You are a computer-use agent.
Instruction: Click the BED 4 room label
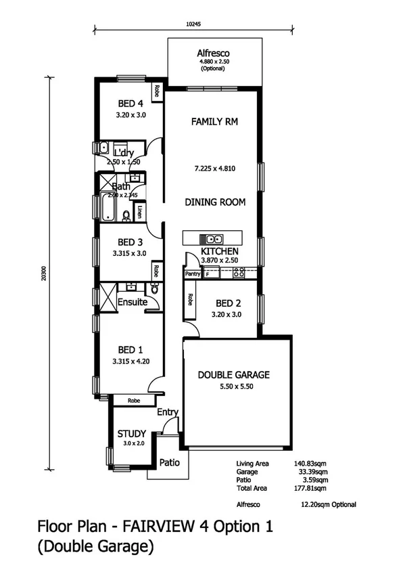tap(130, 104)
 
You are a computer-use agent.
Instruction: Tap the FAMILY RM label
tap(214, 122)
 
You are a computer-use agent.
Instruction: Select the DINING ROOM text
tap(215, 202)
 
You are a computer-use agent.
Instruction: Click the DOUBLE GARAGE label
tap(233, 374)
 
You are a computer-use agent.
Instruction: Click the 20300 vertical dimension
tap(43, 272)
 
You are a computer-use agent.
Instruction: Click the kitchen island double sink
tap(214, 238)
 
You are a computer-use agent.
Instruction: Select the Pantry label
tap(193, 273)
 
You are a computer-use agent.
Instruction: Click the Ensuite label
tap(132, 302)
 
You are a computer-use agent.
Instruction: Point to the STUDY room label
tap(132, 433)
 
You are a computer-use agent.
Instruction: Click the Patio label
tap(168, 463)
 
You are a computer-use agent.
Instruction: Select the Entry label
tap(167, 412)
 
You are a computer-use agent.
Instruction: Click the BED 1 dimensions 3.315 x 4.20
tap(130, 361)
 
